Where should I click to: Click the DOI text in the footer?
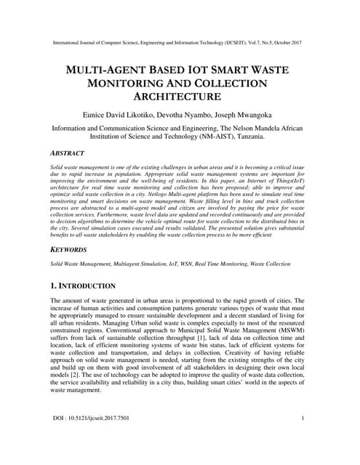(x=92, y=440)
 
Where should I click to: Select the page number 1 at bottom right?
(x=302, y=440)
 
